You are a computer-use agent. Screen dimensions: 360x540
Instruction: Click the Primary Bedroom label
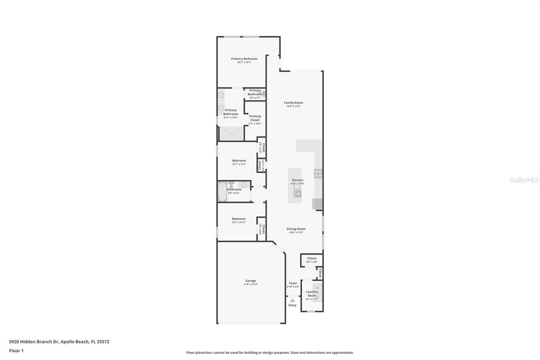(244, 59)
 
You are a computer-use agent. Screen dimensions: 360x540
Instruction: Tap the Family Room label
(293, 103)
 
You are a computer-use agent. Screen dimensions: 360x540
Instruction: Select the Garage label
(251, 281)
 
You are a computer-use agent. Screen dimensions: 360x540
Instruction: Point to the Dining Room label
(296, 229)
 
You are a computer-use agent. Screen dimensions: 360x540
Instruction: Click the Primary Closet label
(255, 118)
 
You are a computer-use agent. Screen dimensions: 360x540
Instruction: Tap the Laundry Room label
(312, 294)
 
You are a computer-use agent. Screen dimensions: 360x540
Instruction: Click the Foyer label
(293, 283)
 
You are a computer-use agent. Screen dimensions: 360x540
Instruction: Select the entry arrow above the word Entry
(292, 300)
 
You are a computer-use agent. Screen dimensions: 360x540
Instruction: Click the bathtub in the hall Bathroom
(222, 192)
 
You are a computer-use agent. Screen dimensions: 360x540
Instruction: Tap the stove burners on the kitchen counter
(318, 173)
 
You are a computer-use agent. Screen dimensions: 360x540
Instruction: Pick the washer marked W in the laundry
(318, 288)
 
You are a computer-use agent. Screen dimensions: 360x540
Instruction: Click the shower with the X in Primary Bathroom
(231, 133)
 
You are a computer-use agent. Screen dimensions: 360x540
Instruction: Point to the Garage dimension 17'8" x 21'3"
(251, 284)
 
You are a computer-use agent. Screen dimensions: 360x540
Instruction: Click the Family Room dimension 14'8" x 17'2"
(293, 106)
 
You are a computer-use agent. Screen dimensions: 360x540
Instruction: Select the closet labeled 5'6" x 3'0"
(312, 260)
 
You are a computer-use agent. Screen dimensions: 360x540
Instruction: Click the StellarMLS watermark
(524, 180)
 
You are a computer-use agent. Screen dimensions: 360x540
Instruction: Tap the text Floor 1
(16, 351)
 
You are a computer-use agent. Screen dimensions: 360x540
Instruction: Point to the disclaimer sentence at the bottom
(270, 352)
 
